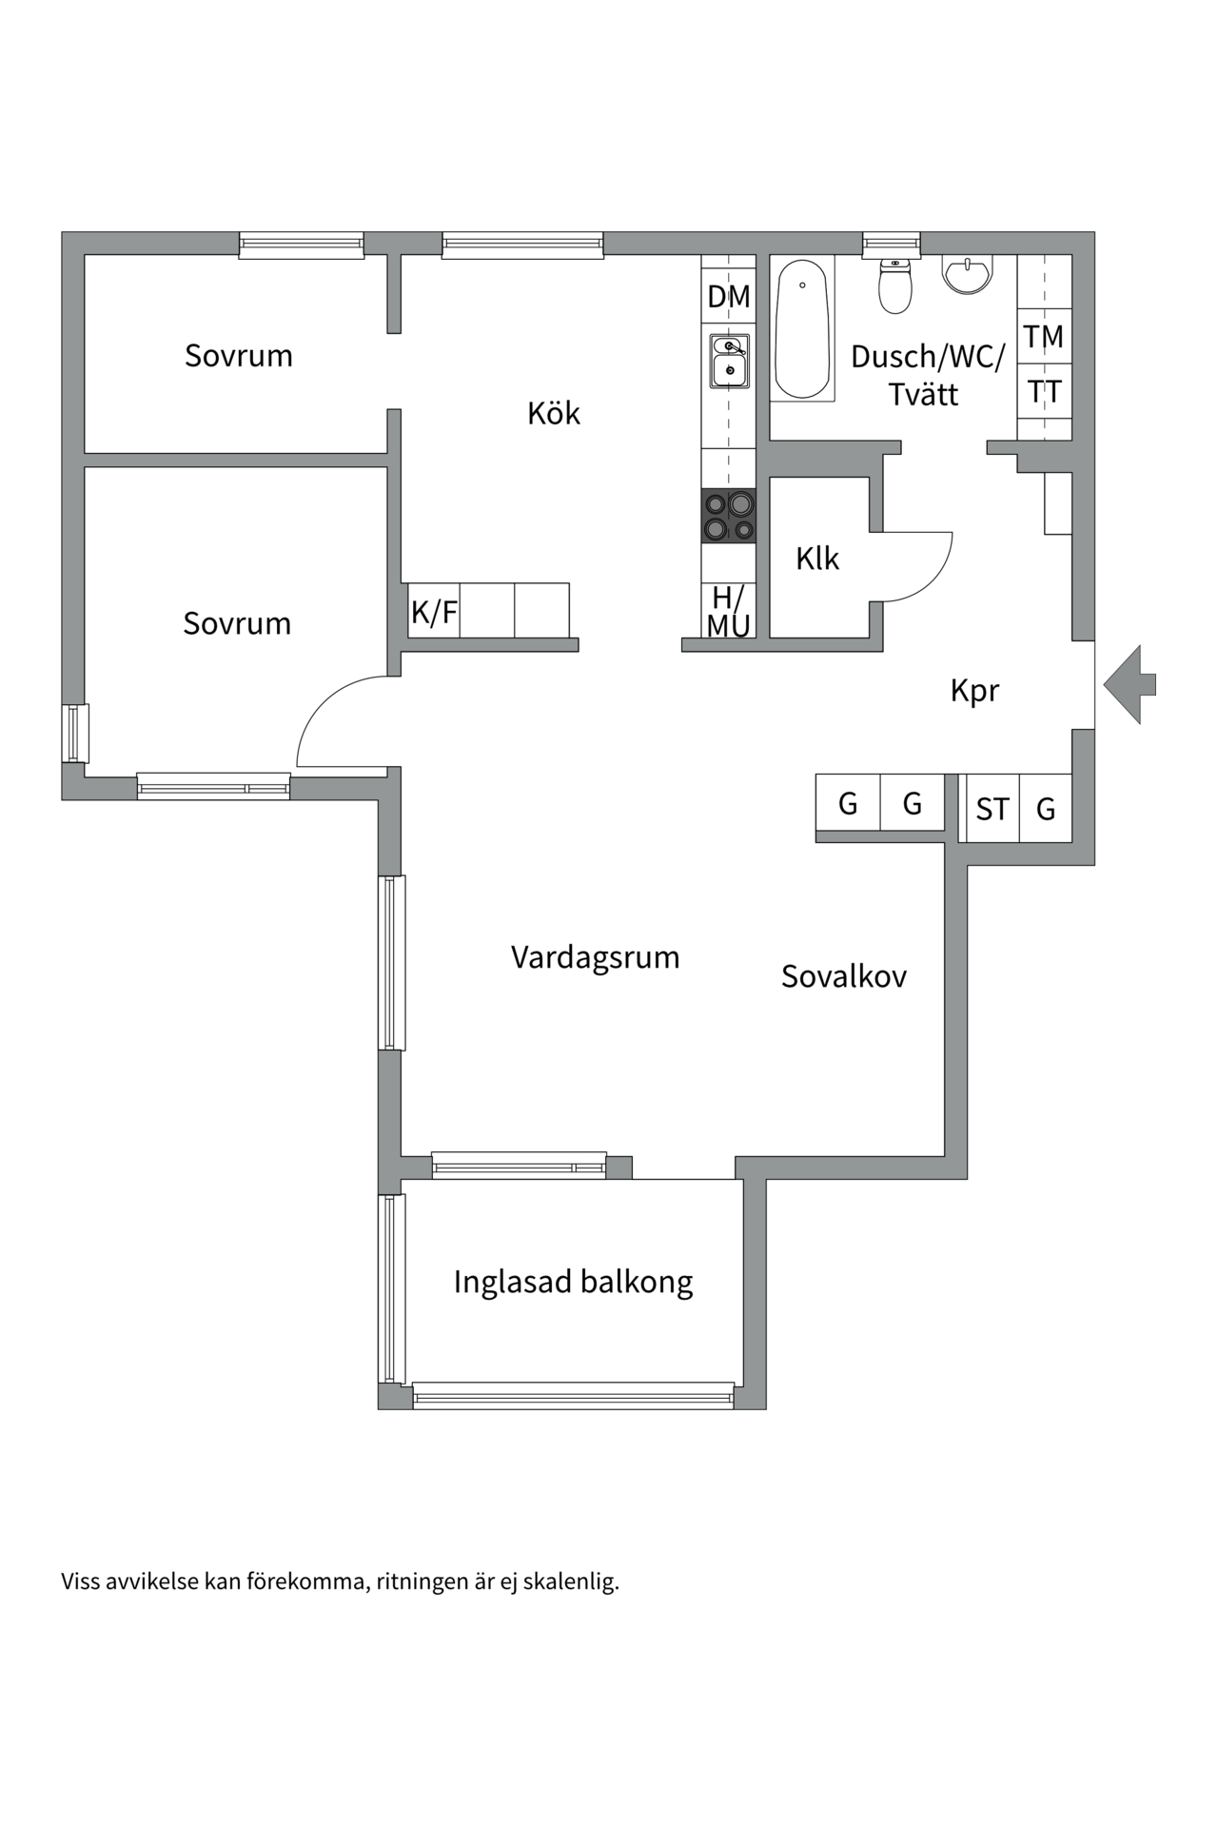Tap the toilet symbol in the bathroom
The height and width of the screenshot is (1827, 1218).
pos(894,285)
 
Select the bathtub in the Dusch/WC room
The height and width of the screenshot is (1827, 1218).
pos(802,327)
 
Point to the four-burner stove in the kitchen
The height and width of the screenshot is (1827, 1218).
pos(729,516)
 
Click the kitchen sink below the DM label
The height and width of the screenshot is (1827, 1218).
pos(729,361)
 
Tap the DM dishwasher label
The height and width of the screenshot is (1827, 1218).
pos(729,297)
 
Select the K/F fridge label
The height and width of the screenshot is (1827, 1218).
pos(434,612)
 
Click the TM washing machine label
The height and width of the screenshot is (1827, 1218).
pos(1044,336)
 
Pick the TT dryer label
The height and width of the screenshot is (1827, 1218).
pos(1044,391)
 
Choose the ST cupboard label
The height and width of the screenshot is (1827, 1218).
pos(992,810)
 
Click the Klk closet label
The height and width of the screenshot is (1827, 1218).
pos(817,559)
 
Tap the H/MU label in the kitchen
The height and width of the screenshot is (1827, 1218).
pos(729,611)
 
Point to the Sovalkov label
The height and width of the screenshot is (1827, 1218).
pos(844,976)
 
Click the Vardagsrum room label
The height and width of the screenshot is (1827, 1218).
pos(595,957)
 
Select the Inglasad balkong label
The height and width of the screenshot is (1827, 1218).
pos(573,1282)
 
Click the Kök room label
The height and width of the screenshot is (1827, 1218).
pos(554,413)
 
